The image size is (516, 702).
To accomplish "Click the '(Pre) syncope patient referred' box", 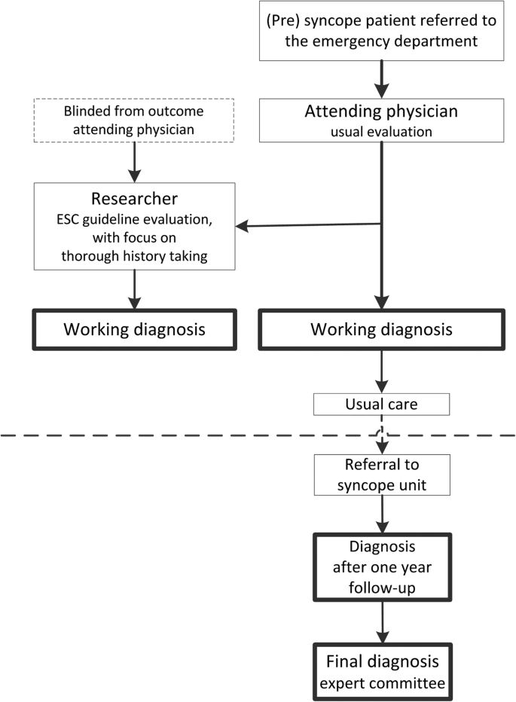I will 382,31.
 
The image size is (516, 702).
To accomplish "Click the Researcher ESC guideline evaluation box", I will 134,225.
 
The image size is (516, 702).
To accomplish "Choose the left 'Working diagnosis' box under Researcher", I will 134,329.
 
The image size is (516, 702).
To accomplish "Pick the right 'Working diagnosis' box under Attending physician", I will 382,329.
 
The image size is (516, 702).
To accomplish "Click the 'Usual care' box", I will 382,404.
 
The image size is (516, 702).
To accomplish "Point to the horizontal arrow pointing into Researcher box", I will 309,224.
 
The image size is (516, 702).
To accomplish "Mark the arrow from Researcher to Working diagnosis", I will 134,289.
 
